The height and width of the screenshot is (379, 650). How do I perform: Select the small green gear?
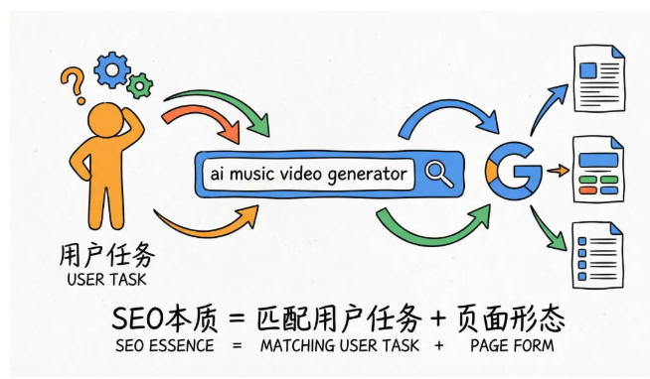(x=141, y=86)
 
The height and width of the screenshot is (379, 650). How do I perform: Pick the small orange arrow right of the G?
(x=561, y=170)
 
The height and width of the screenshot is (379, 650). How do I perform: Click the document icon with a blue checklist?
(x=599, y=255)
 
